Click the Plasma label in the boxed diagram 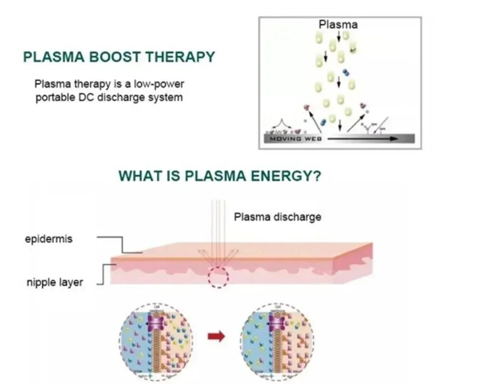pos(338,24)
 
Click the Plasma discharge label pos(278,216)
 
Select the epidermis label pos(48,239)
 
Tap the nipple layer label pos(55,283)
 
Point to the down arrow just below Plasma pos(339,36)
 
